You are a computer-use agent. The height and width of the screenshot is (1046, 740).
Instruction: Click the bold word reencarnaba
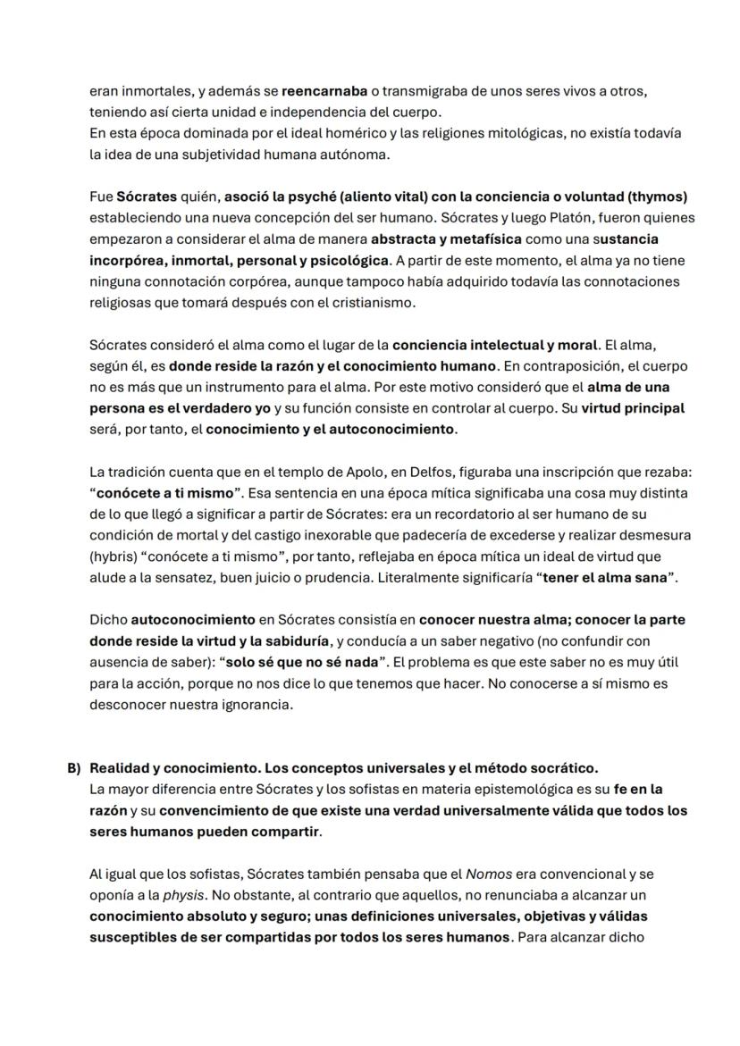coord(324,92)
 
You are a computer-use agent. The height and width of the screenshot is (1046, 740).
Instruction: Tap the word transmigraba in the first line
coord(424,92)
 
